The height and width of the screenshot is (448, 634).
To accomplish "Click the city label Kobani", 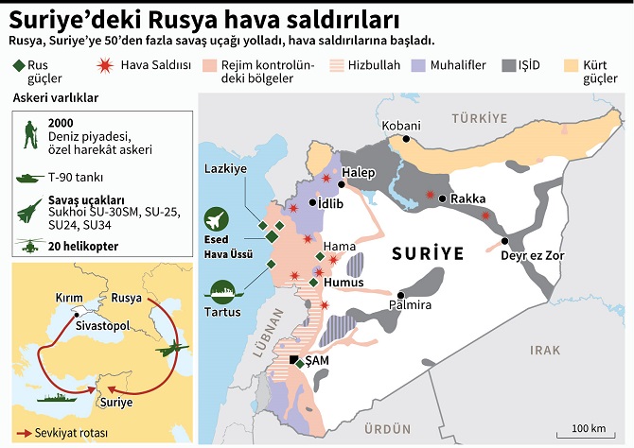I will [x=401, y=126].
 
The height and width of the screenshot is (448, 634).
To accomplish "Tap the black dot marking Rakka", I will [x=442, y=198].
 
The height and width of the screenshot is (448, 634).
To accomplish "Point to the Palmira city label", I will [x=411, y=306].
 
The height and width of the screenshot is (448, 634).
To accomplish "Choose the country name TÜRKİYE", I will [x=480, y=117].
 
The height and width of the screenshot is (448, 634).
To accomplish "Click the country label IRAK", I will [x=545, y=350].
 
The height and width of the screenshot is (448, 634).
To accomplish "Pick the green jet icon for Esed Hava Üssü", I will [x=219, y=219].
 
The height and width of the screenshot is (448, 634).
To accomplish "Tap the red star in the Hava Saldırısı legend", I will [x=104, y=66].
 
